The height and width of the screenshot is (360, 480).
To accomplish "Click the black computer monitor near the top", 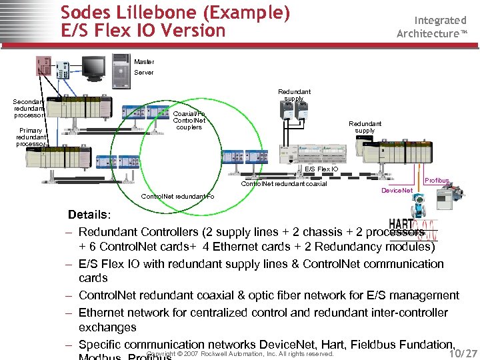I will click(93, 67).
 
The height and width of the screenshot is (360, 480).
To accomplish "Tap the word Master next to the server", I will click(143, 62).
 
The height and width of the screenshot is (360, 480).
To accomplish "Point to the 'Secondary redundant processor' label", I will click(29, 109).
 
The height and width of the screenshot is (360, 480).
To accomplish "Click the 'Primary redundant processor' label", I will click(31, 137).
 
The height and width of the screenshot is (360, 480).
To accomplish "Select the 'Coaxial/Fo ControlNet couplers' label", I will click(189, 121).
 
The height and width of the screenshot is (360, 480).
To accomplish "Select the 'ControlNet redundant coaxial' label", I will click(284, 183).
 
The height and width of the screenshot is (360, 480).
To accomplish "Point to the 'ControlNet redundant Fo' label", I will click(178, 197).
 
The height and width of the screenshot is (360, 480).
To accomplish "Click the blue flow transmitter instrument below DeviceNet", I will click(420, 210).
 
